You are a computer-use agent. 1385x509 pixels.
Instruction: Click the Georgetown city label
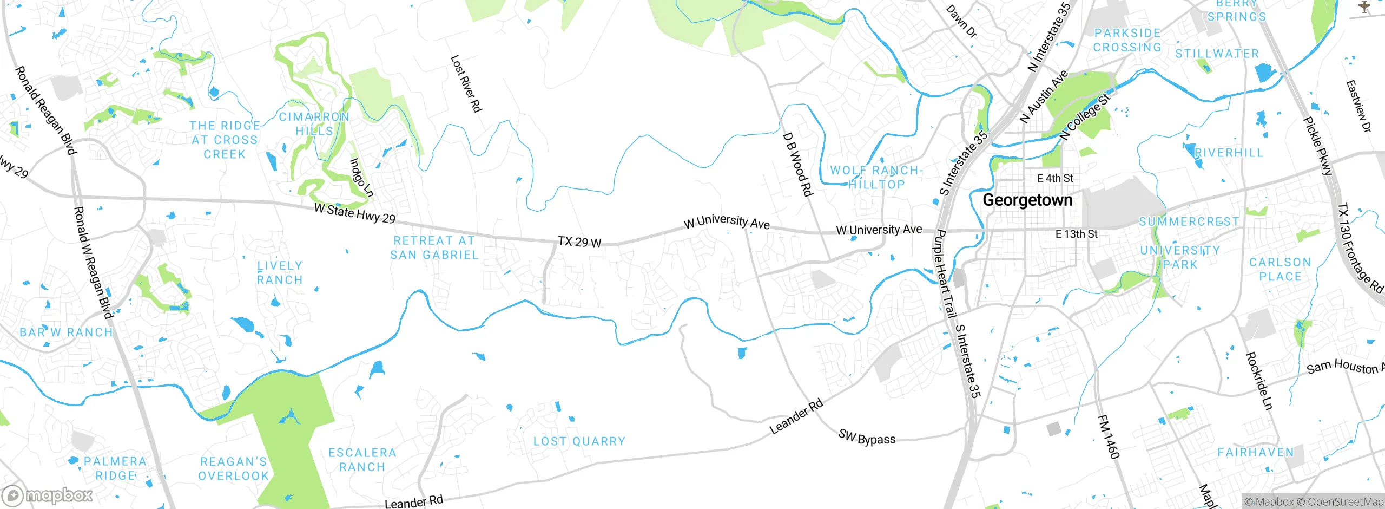[1027, 200]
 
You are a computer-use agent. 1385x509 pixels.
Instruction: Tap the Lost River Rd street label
[466, 83]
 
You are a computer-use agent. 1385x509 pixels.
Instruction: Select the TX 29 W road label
[579, 242]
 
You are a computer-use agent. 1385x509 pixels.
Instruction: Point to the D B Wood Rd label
[797, 164]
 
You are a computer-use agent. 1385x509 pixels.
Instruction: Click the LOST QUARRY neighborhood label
[579, 441]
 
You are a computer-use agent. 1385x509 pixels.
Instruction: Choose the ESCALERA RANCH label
[362, 459]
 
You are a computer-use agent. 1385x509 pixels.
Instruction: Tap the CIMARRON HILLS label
[314, 124]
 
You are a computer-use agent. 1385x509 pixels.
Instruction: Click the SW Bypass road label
[867, 437]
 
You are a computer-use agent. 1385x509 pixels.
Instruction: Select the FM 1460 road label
[1108, 436]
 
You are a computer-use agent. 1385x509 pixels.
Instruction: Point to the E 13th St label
[1077, 234]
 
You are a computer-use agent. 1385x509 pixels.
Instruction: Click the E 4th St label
[1055, 178]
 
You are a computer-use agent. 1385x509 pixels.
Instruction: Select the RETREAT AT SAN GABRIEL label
[434, 247]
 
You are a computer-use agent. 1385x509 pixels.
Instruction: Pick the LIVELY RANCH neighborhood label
[279, 272]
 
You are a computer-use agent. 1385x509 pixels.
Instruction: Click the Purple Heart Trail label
[944, 273]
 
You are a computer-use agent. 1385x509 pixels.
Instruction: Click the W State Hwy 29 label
[354, 213]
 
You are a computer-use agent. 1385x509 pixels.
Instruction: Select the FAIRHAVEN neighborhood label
[1255, 452]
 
